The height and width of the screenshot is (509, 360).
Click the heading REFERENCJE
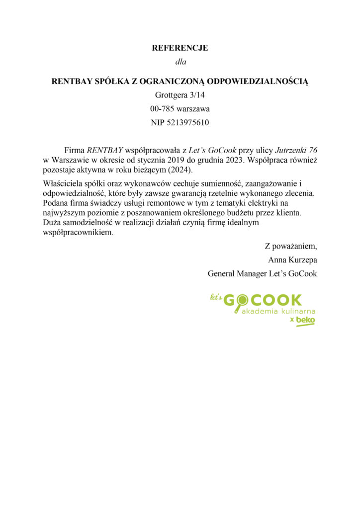tap(180, 48)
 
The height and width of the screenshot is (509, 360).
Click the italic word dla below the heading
tap(180, 62)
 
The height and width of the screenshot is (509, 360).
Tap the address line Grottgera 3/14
tap(180, 94)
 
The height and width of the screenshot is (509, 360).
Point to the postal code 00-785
tap(161, 108)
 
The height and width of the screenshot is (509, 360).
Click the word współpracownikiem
tap(79, 232)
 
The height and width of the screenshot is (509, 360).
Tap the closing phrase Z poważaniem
tap(290, 246)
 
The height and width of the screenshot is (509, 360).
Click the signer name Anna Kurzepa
tap(292, 259)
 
